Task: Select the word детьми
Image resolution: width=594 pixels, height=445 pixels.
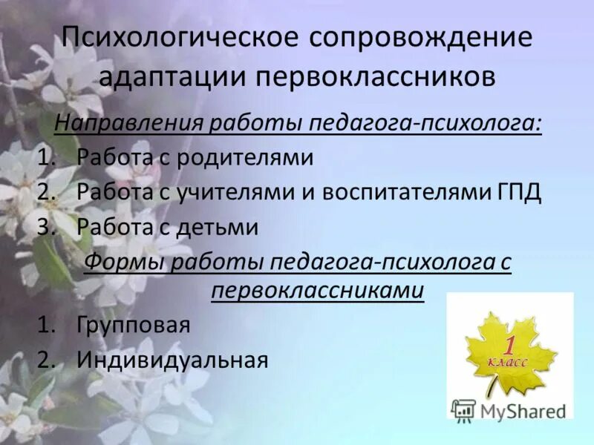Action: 222,226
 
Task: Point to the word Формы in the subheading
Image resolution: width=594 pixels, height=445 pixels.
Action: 120,261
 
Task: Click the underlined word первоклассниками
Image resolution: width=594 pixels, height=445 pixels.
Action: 318,291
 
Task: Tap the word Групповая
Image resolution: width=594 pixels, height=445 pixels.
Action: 134,325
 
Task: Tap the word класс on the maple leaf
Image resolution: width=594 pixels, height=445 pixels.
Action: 509,362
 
